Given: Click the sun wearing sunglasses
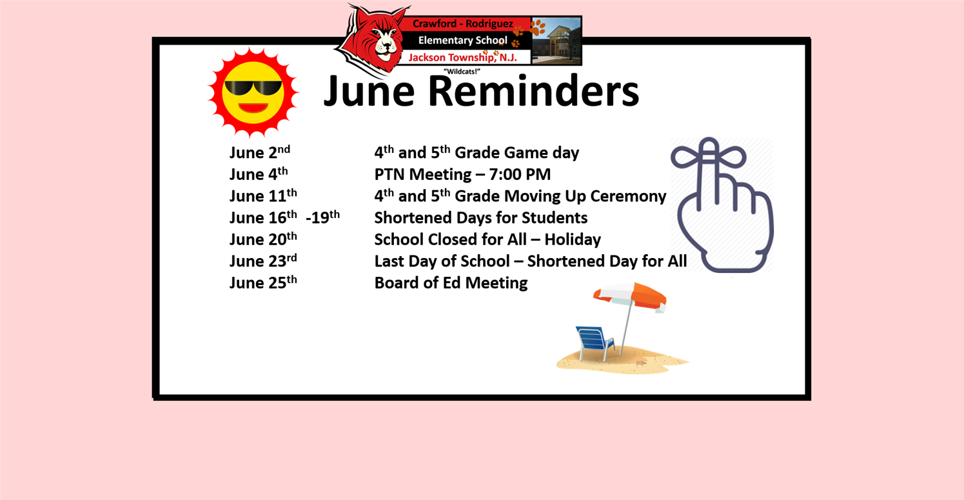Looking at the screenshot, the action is click(x=253, y=92).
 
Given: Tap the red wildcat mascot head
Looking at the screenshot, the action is click(x=373, y=39).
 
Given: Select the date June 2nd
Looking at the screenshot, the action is click(x=259, y=152).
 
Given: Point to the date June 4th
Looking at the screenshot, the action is click(x=258, y=174).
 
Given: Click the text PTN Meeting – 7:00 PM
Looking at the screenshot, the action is click(x=462, y=174).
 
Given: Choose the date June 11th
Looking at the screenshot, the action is click(x=263, y=195).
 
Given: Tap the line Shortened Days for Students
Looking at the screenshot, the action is click(x=480, y=217).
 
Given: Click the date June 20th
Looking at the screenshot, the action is click(x=263, y=239).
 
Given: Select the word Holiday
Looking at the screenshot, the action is click(x=573, y=239).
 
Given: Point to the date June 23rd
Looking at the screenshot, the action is click(x=263, y=261).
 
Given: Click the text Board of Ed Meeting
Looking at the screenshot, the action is click(x=451, y=283).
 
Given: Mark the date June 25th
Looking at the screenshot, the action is click(x=263, y=283).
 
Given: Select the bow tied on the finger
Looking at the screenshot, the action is click(x=709, y=155).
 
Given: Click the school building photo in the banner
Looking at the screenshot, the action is click(x=556, y=41).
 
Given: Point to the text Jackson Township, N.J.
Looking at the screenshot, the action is click(x=462, y=57).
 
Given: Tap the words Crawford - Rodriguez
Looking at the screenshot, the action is click(x=462, y=24).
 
